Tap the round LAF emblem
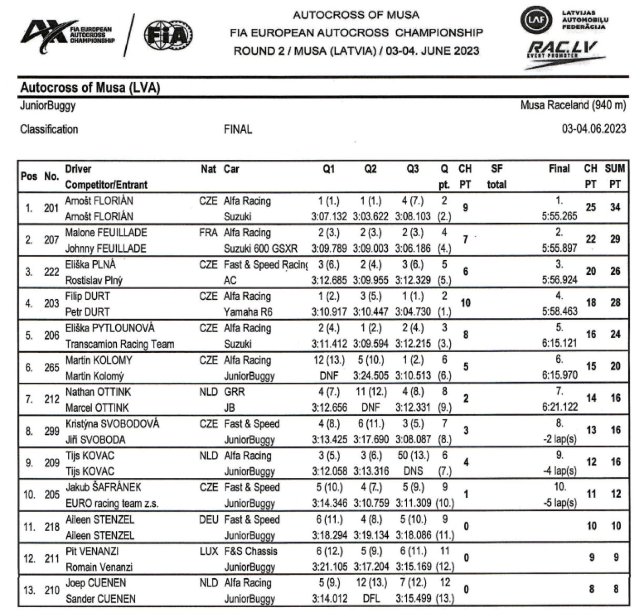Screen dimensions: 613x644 536,21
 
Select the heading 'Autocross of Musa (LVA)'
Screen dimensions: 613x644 90,87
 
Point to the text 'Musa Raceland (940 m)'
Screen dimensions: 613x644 573,105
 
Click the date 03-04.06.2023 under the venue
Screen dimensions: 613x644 593,129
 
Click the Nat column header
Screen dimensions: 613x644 208,169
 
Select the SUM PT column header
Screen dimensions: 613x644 615,176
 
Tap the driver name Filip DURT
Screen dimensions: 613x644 87,296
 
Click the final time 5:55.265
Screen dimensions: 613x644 559,216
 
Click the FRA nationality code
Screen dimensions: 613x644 208,232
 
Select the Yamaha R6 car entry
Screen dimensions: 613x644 248,312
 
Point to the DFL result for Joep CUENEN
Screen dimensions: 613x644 371,599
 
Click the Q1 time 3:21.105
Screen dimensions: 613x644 329,567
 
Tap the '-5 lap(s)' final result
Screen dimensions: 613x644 559,503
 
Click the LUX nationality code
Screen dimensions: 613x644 208,551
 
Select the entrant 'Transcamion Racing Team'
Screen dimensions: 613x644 119,344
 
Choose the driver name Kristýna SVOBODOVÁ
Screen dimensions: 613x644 112,424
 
